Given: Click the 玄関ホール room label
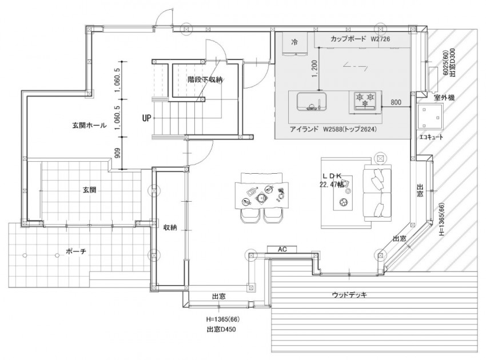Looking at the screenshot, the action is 89,126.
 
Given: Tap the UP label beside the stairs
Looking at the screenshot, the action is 146,118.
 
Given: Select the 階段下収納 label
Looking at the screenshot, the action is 205,79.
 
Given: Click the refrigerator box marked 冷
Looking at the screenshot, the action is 295,43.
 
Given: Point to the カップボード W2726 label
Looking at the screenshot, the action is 360,39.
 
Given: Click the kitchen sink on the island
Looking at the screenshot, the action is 312,102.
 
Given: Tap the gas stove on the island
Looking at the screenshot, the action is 365,101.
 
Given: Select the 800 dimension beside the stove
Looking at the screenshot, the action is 396,102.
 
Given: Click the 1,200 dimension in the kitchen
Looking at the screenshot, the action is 314,69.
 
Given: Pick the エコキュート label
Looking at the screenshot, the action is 431,137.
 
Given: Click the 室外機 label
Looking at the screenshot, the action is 444,98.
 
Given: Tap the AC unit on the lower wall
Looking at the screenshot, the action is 282,249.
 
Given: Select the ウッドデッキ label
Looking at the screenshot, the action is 349,295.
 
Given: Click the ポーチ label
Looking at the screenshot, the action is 76,251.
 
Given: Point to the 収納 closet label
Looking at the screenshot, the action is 170,227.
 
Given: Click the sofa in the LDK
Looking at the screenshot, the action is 377,193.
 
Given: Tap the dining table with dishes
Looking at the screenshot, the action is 261,196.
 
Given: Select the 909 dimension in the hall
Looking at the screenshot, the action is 118,153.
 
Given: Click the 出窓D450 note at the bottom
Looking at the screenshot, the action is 221,329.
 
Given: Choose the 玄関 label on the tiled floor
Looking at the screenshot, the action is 89,190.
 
